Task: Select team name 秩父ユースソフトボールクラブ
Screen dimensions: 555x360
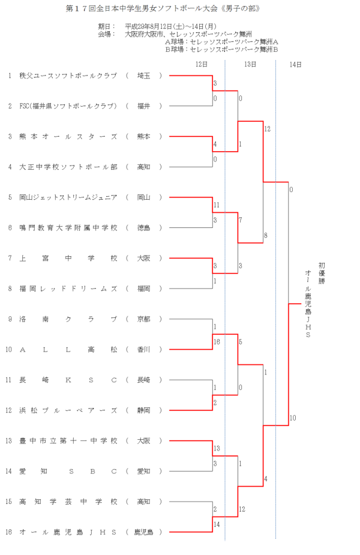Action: click(68, 76)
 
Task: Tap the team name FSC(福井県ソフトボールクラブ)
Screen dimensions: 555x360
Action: click(68, 106)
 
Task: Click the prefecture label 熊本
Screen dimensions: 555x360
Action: click(143, 137)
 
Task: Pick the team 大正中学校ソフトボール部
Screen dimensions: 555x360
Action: click(68, 167)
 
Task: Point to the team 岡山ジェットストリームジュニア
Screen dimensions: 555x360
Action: click(68, 197)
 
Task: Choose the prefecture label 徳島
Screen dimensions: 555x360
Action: click(143, 228)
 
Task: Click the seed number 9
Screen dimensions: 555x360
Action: click(10, 319)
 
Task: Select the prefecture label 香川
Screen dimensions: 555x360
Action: click(143, 349)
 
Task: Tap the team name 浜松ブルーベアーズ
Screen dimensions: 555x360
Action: click(68, 410)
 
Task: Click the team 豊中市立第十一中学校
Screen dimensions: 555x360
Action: click(68, 441)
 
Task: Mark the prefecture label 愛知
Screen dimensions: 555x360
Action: click(143, 471)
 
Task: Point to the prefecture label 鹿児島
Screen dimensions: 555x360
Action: click(143, 532)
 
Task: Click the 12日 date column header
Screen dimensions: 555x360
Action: click(202, 64)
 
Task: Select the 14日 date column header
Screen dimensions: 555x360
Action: click(295, 64)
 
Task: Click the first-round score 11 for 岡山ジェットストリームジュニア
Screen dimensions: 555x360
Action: click(217, 205)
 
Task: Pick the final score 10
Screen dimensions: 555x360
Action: click(292, 418)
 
